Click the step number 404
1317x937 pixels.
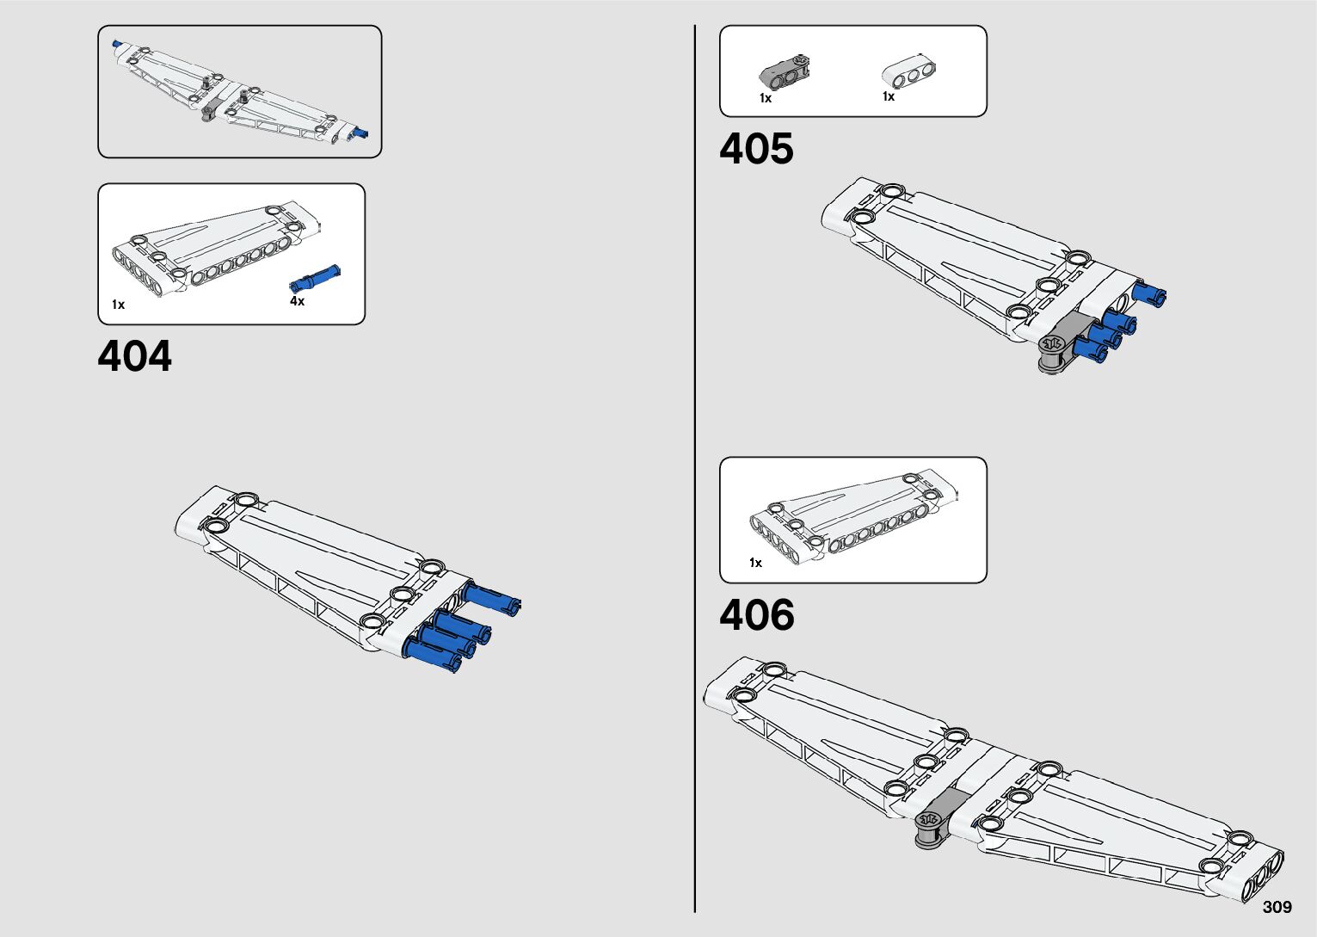pyautogui.click(x=134, y=356)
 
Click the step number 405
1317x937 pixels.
pyautogui.click(x=756, y=149)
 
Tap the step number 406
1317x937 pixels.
pyautogui.click(x=756, y=615)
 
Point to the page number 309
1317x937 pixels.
pyautogui.click(x=1277, y=907)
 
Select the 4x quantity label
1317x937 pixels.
pyautogui.click(x=297, y=301)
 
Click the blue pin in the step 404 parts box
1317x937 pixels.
pyautogui.click(x=316, y=276)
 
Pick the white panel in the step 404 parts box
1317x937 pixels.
pyautogui.click(x=215, y=249)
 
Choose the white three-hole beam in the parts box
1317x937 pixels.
pyautogui.click(x=908, y=73)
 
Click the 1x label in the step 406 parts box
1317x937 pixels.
pyautogui.click(x=755, y=563)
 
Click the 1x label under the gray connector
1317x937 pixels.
pyautogui.click(x=766, y=98)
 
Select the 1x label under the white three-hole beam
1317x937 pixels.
pyautogui.click(x=889, y=96)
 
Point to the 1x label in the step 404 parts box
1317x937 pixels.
pyautogui.click(x=118, y=305)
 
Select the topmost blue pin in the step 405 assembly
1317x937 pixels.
pyautogui.click(x=1149, y=293)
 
